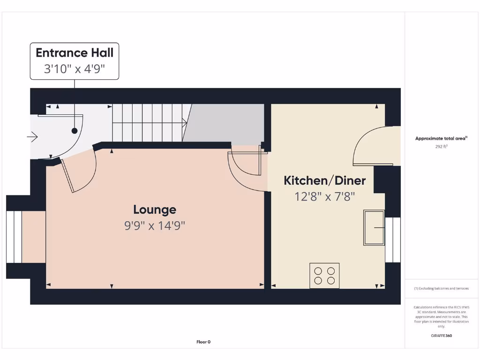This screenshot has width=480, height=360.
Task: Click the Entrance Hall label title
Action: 75,52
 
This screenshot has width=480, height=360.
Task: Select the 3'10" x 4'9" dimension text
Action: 75,69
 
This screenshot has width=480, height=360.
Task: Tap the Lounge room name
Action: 155,210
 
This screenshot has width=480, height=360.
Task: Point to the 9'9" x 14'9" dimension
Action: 155,225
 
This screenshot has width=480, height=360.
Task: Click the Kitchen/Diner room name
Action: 325,180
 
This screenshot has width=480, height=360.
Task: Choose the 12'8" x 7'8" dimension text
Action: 325,196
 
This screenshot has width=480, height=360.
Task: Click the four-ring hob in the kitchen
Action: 324,276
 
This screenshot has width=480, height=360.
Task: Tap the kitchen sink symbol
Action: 374,228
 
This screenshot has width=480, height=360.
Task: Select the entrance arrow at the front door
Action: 32,137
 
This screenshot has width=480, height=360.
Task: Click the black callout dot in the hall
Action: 75,131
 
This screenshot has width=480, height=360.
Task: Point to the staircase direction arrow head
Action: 186,123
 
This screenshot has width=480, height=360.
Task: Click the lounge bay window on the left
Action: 14,237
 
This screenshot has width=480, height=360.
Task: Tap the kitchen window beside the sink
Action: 393,240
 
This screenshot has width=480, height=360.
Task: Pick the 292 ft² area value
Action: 441,146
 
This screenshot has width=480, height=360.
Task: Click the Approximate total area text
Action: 441,138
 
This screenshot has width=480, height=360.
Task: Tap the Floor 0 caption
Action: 203,342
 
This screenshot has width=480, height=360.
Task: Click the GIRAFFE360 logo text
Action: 441,336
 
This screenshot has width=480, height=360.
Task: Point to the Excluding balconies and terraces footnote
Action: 441,288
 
